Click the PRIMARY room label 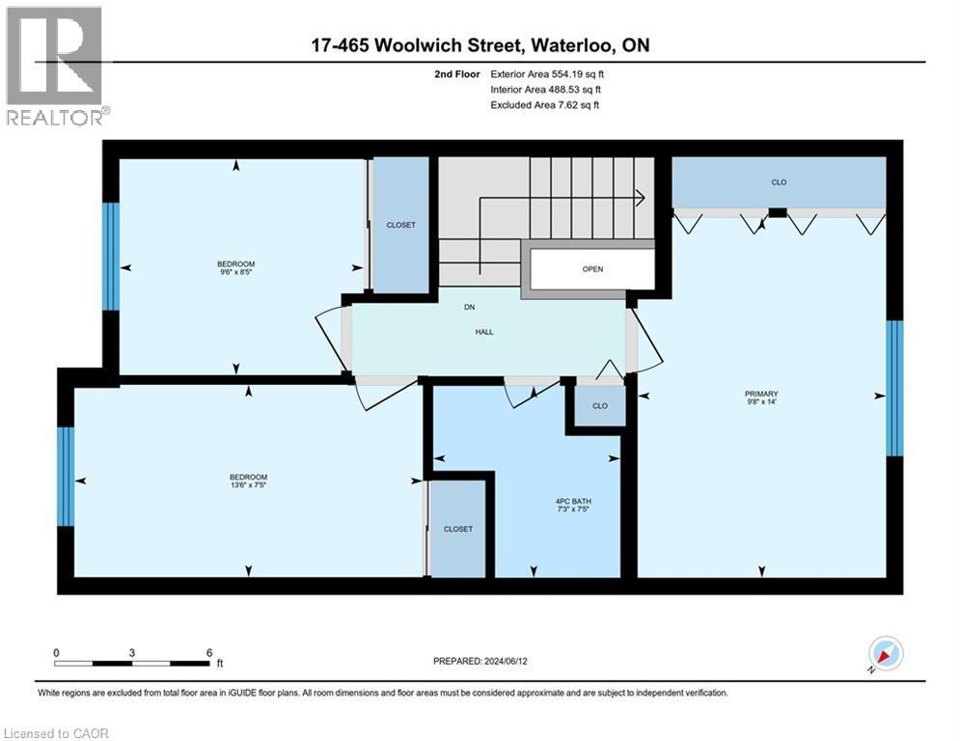coord(760,394)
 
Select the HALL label coord(484,331)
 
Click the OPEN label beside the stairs coord(592,269)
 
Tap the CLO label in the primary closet coord(779,180)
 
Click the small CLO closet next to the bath coord(600,405)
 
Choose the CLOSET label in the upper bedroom coord(400,225)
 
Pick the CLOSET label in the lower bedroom coord(458,529)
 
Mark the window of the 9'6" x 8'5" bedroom coord(111,256)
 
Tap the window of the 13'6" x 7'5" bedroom coord(66,477)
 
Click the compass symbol coord(886,654)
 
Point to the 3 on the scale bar coord(131,652)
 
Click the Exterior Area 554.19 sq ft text coord(548,73)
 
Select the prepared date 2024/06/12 coord(482,661)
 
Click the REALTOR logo coord(55,66)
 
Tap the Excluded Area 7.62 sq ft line coord(545,104)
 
